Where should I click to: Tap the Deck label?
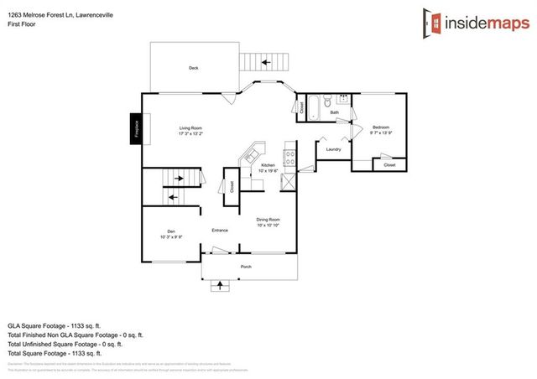click(192, 69)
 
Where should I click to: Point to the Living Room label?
click(191, 129)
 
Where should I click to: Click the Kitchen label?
click(268, 166)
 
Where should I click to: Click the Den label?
click(170, 232)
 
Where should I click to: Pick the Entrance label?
click(220, 229)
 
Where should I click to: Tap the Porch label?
click(246, 267)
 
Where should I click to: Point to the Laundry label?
click(331, 149)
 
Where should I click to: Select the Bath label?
click(334, 112)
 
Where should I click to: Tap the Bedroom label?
click(381, 127)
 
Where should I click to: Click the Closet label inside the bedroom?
click(388, 165)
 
